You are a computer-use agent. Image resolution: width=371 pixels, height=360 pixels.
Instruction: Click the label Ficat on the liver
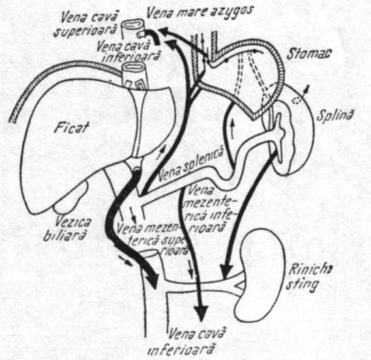(71, 127)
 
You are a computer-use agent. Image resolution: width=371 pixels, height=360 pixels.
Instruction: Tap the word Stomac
(309, 53)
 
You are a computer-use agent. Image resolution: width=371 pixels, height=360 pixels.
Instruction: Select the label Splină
(334, 115)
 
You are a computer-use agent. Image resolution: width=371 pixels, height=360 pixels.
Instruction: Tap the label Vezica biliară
(65, 229)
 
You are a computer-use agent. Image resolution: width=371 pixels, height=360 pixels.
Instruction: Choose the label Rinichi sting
(308, 278)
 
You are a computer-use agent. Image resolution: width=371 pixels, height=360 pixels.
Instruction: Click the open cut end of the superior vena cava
(132, 24)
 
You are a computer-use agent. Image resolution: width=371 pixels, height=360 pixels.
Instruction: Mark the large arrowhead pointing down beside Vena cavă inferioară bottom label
(201, 313)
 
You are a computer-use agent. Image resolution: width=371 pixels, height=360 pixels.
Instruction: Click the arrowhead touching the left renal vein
(226, 269)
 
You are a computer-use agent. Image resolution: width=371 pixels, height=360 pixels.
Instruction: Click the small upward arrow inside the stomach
(232, 129)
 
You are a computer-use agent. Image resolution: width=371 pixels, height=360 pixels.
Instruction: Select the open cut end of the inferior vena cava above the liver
(134, 67)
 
